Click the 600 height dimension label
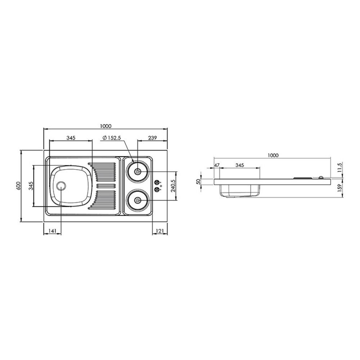tap(18, 186)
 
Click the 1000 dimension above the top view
tap(105, 126)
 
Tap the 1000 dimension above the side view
tap(273, 156)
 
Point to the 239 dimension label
tap(152, 138)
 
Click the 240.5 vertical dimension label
tap(174, 185)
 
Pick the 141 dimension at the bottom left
tap(53, 231)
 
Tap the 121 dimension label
tap(160, 231)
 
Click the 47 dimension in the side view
tap(217, 165)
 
